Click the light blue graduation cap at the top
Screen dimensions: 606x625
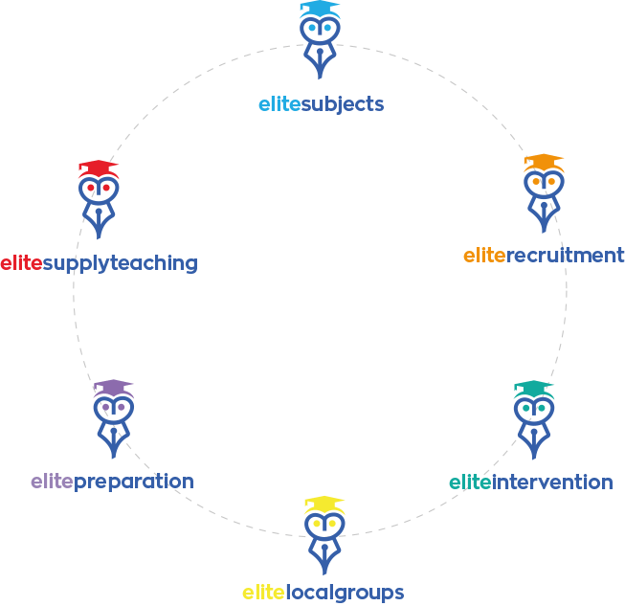click(x=320, y=9)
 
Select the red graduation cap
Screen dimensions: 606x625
click(x=98, y=168)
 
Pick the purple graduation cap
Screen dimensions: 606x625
click(x=114, y=387)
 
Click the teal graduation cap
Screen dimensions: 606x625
click(x=533, y=388)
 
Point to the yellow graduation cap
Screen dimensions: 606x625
click(x=324, y=504)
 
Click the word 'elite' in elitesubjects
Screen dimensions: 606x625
click(x=279, y=103)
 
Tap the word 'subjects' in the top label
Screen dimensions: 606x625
click(x=343, y=103)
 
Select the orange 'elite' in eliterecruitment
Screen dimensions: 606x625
click(x=483, y=256)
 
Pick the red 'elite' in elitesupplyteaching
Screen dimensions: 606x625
click(x=21, y=262)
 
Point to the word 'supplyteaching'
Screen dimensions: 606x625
click(x=120, y=262)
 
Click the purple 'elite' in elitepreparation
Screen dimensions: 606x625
click(x=52, y=481)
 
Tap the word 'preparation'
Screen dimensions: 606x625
click(x=134, y=481)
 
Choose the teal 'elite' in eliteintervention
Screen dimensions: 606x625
click(x=470, y=482)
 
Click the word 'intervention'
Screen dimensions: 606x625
click(x=552, y=482)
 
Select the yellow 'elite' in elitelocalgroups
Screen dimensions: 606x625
click(x=263, y=592)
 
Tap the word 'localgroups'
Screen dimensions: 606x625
click(x=345, y=592)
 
